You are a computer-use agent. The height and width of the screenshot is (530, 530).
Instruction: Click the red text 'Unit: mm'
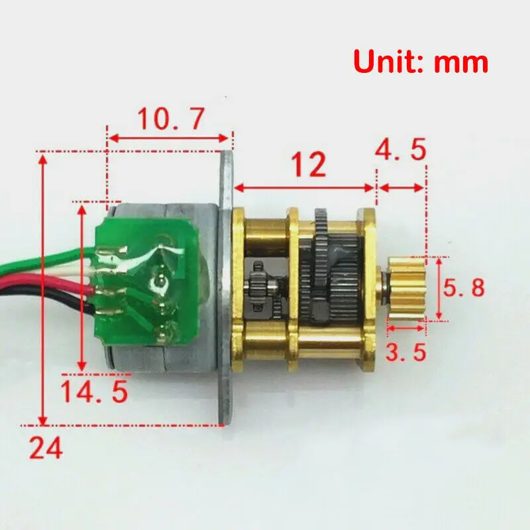421,62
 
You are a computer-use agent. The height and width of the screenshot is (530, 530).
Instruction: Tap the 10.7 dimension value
169,119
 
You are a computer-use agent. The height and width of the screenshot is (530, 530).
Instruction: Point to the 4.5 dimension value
400,150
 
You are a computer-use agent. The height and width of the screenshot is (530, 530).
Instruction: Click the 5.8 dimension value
464,288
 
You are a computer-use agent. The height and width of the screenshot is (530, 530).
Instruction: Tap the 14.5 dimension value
93,391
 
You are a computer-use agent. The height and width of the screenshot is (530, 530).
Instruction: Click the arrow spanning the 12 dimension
306,187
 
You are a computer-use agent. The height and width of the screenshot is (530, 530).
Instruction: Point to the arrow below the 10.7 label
169,138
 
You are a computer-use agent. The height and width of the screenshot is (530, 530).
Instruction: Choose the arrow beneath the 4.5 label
401,188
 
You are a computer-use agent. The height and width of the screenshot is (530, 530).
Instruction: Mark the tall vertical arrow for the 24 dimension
44,288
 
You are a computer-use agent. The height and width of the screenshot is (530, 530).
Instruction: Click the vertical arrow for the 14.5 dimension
82,288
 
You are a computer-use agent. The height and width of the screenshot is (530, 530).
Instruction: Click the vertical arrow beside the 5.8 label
438,288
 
